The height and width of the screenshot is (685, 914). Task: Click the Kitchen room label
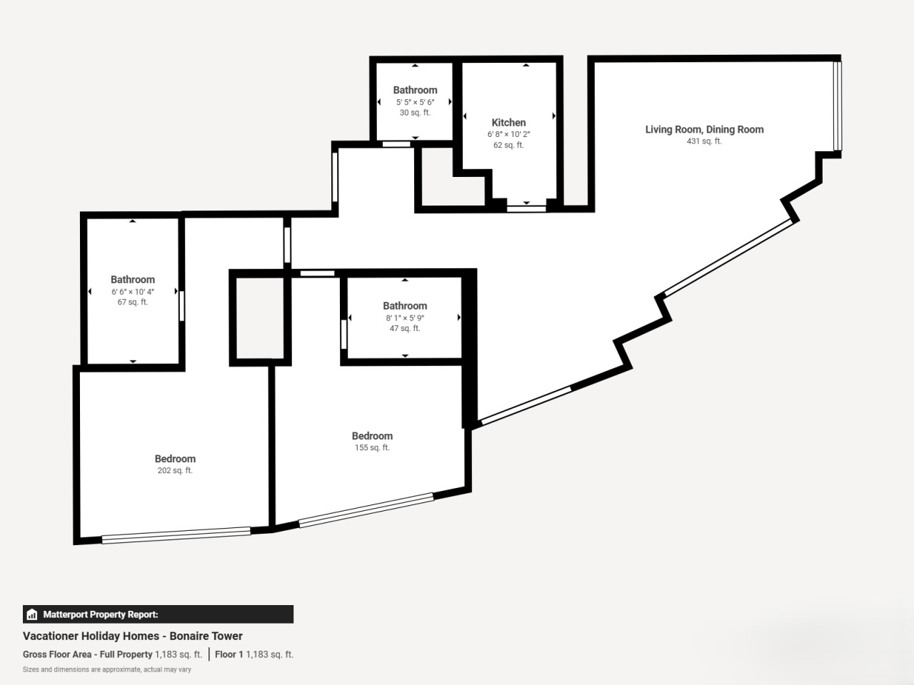(508, 123)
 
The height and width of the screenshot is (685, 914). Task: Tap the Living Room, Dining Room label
(704, 129)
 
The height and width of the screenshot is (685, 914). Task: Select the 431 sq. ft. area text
(704, 141)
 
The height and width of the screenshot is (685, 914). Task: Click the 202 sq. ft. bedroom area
(175, 470)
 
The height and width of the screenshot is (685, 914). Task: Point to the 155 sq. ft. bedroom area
(372, 447)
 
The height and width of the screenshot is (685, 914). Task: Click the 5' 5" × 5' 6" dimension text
(415, 102)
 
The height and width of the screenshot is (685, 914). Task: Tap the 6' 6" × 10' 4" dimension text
(132, 292)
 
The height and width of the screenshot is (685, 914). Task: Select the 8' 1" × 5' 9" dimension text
(405, 318)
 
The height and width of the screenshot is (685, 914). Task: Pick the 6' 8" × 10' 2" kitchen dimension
(508, 134)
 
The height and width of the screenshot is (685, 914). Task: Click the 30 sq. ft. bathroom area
(415, 113)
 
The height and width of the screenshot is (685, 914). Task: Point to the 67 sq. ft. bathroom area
(132, 302)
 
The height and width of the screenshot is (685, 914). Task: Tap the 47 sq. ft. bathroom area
(405, 328)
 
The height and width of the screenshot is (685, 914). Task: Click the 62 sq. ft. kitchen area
(508, 145)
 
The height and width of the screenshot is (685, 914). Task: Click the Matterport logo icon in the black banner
(32, 614)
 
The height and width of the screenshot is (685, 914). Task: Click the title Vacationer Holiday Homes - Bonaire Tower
(132, 636)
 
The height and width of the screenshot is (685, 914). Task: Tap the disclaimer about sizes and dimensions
(107, 669)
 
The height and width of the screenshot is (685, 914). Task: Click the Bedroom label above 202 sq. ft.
(175, 459)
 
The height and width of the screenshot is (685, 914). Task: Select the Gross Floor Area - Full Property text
(87, 654)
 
